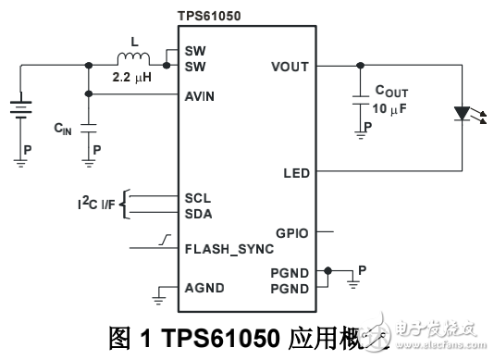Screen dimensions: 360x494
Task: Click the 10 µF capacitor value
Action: pos(391,109)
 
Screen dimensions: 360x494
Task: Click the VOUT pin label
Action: pos(290,67)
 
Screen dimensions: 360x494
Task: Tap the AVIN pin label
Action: pos(201,95)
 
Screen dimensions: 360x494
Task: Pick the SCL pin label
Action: pos(197,197)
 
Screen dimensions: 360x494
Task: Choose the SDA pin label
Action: pos(198,213)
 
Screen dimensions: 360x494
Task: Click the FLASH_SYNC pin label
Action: pos(228,249)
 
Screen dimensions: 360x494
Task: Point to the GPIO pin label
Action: pos(291,232)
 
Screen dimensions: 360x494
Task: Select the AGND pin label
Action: pos(203,288)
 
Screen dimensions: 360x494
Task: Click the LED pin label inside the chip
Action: pos(296,173)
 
